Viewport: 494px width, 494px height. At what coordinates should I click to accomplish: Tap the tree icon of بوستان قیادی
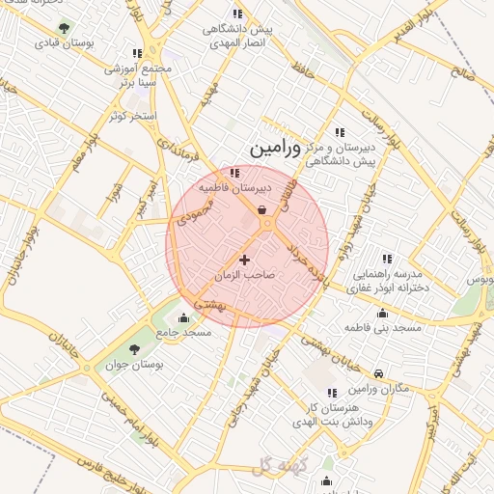tap(64, 28)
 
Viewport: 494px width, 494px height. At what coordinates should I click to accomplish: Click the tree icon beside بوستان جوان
tap(134, 348)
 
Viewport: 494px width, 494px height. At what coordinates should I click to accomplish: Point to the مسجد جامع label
tap(185, 332)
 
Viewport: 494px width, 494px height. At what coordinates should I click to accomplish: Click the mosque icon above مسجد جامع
tap(183, 317)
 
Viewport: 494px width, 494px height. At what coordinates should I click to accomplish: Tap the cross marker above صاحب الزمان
tap(244, 260)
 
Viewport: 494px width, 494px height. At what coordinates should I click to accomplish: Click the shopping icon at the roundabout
tap(262, 208)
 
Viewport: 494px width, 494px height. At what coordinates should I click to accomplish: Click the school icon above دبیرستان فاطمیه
tap(234, 172)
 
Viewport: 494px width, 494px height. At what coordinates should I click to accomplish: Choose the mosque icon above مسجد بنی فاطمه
tap(383, 313)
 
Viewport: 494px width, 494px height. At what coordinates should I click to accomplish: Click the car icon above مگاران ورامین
tap(378, 372)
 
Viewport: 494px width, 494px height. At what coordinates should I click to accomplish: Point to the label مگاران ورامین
tap(377, 388)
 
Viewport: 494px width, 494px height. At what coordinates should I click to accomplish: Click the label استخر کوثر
tap(133, 116)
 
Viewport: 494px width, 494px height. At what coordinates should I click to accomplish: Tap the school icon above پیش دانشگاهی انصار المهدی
tap(237, 14)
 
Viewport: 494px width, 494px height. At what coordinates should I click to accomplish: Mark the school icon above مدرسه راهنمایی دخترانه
tap(387, 258)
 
